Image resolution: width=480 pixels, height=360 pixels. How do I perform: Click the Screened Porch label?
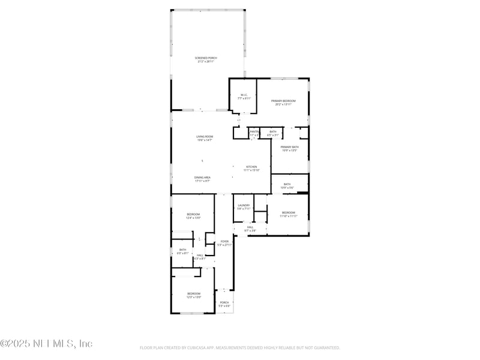pos(205,58)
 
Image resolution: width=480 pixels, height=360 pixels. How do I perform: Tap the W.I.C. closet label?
pos(244,95)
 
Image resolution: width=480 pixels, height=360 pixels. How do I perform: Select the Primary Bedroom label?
pos(283,101)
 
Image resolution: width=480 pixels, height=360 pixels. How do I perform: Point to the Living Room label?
pos(204,137)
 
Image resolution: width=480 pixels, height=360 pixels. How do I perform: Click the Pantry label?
pos(254,131)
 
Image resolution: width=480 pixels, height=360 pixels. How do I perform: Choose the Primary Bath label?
pos(289,147)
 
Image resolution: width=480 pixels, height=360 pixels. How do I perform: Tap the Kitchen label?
pos(251,167)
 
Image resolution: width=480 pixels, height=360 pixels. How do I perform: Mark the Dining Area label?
pos(202,178)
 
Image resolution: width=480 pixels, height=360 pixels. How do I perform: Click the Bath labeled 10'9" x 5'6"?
pos(287,184)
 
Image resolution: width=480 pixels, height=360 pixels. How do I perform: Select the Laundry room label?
pos(243,206)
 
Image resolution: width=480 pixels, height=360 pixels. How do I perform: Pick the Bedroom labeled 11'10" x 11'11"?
pos(289,213)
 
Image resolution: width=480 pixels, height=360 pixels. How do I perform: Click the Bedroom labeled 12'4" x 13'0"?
pos(193,214)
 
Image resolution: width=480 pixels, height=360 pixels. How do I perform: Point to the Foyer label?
pos(224,241)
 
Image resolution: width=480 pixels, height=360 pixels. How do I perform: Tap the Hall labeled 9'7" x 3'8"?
pos(250,227)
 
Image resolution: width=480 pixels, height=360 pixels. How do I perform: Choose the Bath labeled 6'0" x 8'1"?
pos(182,250)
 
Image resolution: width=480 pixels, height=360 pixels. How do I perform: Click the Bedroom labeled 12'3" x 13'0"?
pos(193,293)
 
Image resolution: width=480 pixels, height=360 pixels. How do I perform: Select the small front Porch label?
pos(224,302)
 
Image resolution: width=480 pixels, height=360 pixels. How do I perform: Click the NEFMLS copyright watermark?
pos(46,344)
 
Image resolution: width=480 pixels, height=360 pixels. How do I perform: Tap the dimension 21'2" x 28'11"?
pos(205,62)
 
